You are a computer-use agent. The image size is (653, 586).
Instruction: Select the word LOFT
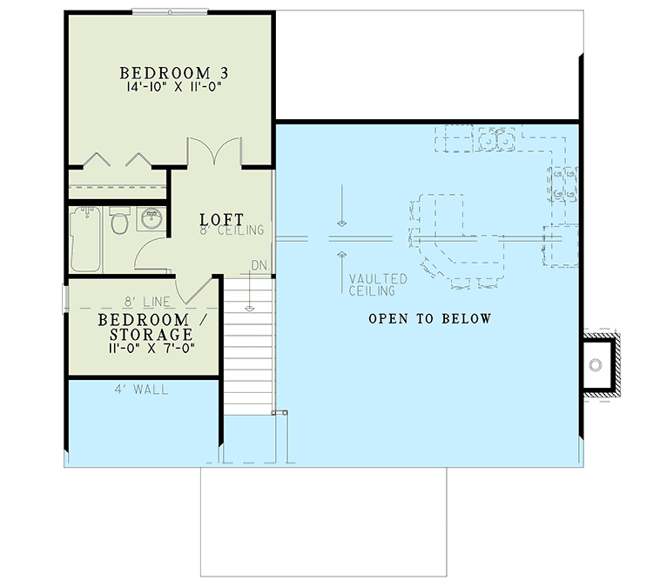[221, 219]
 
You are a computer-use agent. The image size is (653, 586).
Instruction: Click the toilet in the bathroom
[120, 223]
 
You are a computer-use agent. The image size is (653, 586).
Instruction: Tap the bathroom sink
[151, 217]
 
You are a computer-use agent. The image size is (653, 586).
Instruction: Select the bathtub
[86, 236]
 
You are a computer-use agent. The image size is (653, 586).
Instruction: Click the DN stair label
[259, 265]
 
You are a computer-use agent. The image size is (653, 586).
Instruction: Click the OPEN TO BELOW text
[429, 319]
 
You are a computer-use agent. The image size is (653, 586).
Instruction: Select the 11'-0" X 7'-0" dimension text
[145, 348]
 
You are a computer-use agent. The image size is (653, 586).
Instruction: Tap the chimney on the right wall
[599, 364]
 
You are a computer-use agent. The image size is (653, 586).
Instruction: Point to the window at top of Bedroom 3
[170, 11]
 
